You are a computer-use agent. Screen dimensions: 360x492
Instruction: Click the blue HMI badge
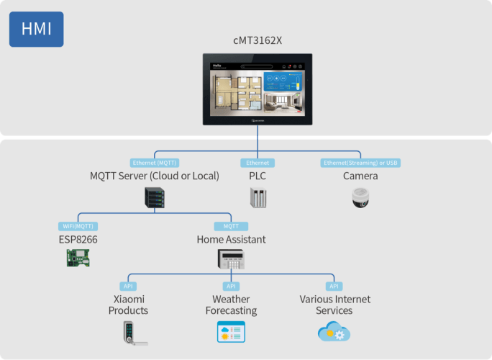(x=36, y=30)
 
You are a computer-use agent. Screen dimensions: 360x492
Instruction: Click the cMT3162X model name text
(x=258, y=40)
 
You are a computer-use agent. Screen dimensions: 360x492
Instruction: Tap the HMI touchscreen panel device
(x=258, y=89)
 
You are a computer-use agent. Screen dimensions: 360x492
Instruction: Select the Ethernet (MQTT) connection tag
(x=154, y=163)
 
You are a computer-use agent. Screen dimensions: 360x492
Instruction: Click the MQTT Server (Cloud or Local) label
(x=154, y=176)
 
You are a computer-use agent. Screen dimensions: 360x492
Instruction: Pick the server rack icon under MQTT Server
(x=155, y=198)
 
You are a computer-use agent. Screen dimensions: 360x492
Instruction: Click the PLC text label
(x=258, y=176)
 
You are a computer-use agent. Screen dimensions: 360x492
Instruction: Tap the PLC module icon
(x=258, y=198)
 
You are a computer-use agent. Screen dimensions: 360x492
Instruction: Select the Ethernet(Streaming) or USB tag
(x=360, y=163)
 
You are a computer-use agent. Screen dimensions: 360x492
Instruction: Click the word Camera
(x=360, y=176)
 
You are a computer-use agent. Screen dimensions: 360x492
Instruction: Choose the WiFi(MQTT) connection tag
(x=77, y=226)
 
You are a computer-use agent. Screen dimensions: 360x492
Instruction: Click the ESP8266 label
(x=77, y=239)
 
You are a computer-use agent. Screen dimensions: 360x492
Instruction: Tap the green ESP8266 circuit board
(x=77, y=258)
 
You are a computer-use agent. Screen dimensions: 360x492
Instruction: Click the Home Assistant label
(x=231, y=239)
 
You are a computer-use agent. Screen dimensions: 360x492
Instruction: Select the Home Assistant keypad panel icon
(x=232, y=259)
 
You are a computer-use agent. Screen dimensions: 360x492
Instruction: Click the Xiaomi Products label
(x=128, y=305)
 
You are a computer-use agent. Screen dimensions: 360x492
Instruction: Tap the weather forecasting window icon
(x=231, y=332)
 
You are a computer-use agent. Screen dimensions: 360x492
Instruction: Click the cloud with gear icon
(x=334, y=331)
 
